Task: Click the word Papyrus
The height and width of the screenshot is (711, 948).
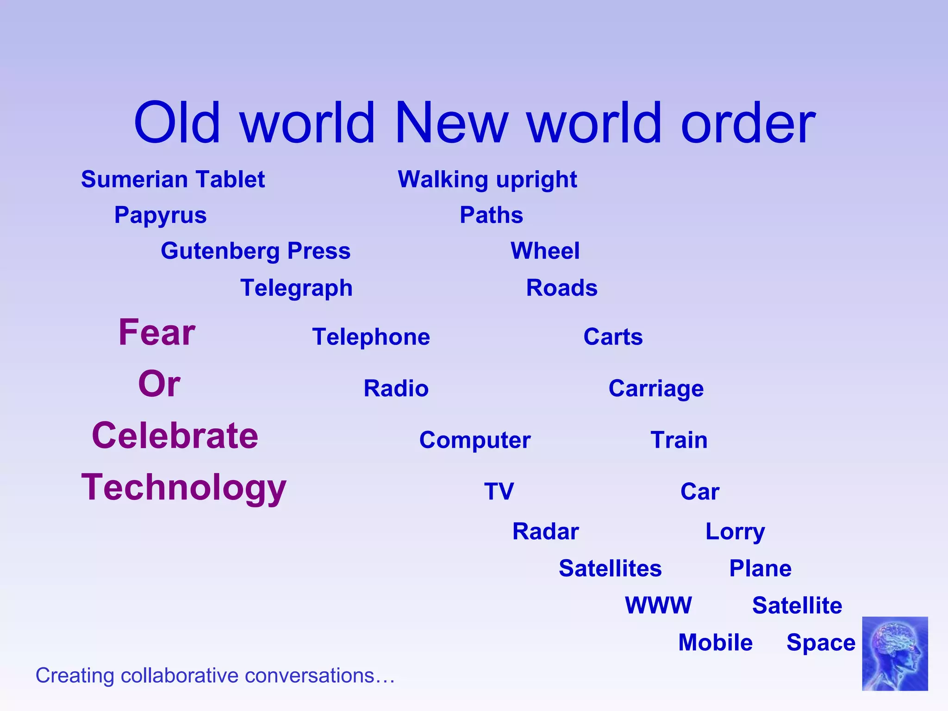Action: click(160, 215)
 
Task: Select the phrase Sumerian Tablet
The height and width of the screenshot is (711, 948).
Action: click(173, 180)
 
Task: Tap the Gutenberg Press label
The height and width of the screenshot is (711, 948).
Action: click(256, 251)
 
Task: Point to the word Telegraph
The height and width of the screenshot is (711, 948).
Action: click(296, 288)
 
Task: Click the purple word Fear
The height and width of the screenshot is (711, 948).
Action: click(157, 332)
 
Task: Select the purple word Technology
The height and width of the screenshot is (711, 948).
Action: click(184, 487)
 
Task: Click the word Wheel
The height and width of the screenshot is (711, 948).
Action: click(545, 251)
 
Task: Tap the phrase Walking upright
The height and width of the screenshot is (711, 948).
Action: click(487, 180)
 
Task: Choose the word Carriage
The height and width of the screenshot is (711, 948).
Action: click(656, 388)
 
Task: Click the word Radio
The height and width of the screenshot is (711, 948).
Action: click(396, 388)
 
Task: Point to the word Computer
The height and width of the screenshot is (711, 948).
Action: click(475, 440)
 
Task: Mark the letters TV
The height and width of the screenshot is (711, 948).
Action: click(499, 491)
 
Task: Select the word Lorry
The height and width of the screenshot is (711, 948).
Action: click(735, 531)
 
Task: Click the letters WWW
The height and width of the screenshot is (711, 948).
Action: click(658, 605)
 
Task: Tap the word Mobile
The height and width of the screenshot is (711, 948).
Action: click(715, 642)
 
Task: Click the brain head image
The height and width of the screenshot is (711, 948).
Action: click(895, 653)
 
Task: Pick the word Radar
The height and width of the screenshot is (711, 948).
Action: click(545, 531)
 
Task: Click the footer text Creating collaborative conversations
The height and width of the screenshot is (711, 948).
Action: click(215, 675)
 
